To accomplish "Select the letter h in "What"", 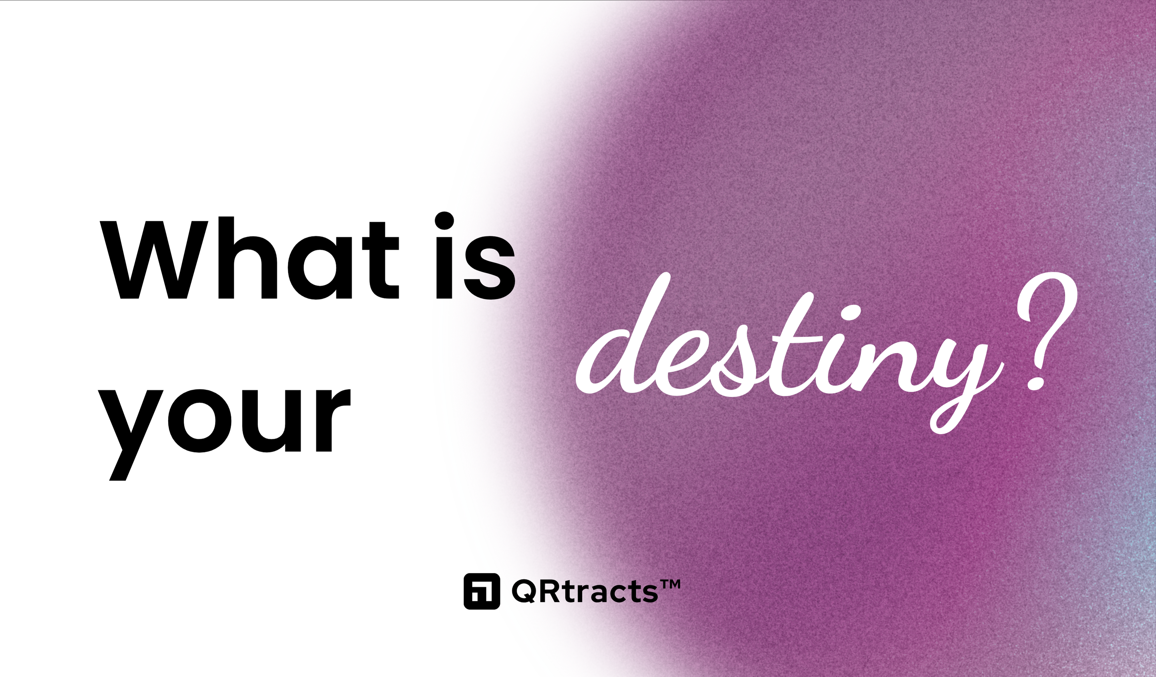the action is [248, 258].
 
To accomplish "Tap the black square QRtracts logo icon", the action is [482, 591].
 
